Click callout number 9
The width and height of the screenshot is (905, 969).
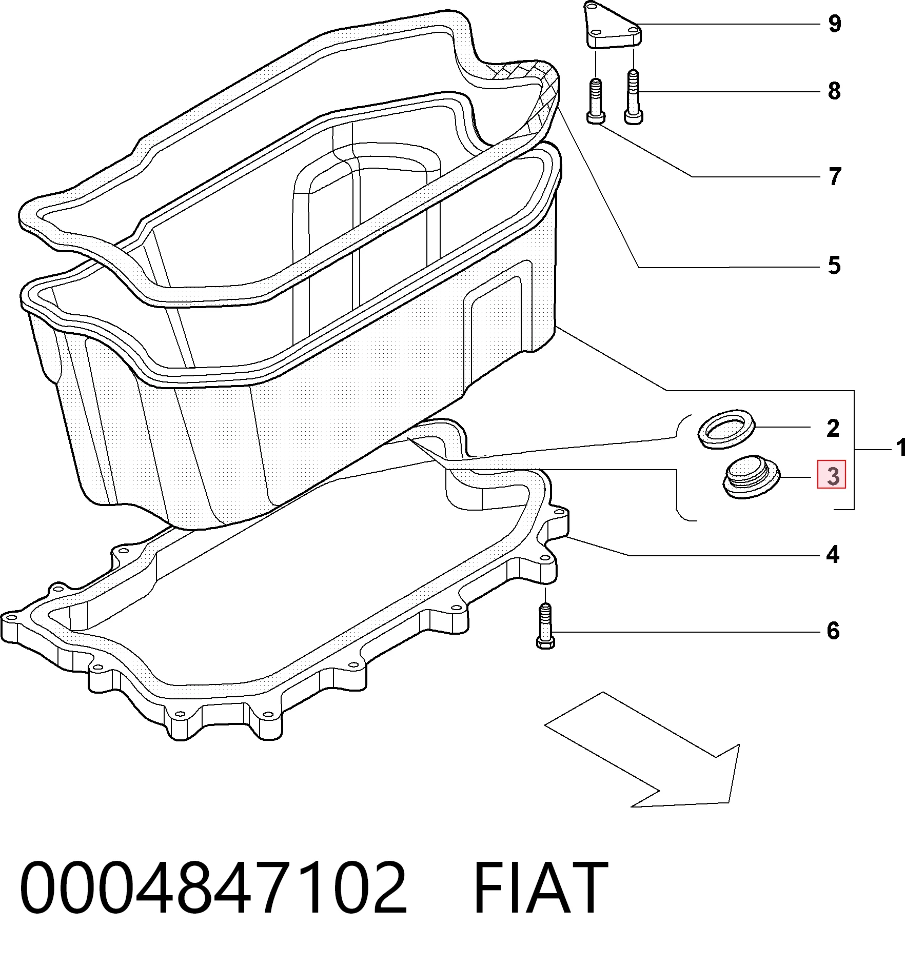pyautogui.click(x=835, y=24)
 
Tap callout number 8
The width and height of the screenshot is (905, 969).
pyautogui.click(x=834, y=91)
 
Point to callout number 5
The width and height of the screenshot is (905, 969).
pyautogui.click(x=834, y=266)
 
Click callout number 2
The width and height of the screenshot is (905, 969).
pyautogui.click(x=833, y=428)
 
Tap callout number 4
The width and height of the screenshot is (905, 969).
pyautogui.click(x=833, y=555)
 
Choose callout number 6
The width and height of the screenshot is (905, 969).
pyautogui.click(x=833, y=631)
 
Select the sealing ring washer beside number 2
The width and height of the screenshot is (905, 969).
pyautogui.click(x=727, y=429)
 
